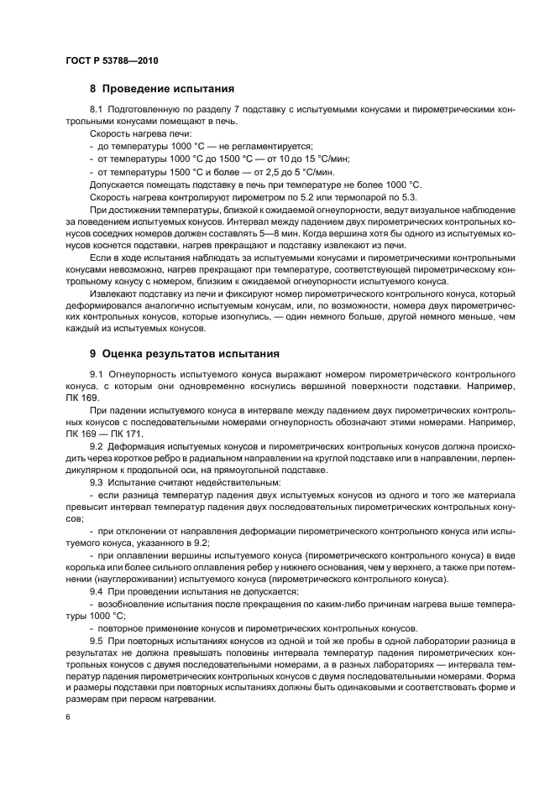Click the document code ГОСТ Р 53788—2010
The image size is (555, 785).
[111, 62]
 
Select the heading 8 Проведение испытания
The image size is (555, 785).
[162, 88]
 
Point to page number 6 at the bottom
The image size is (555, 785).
[67, 718]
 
